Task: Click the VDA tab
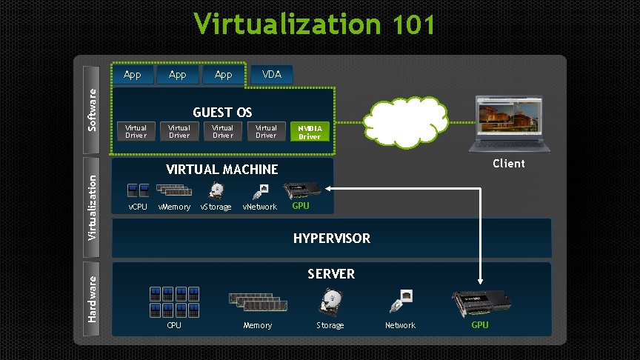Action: coord(272,74)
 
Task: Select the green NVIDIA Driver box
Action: coord(310,132)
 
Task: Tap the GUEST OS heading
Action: coord(222,113)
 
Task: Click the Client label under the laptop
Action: coord(509,164)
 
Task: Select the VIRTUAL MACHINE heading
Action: coord(222,170)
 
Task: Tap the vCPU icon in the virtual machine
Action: coord(139,190)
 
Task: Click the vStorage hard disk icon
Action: coord(216,191)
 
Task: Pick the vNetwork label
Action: coord(259,207)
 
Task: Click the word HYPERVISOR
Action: coord(332,239)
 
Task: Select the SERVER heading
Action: coord(331,274)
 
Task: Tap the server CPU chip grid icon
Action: coord(174,301)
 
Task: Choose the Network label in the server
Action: coord(400,325)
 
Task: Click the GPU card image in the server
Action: coord(480,303)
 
